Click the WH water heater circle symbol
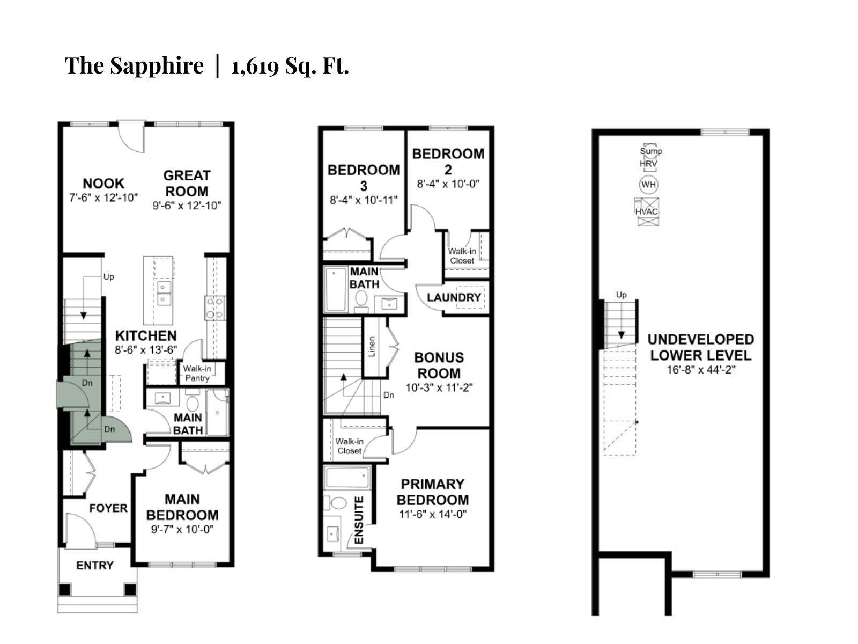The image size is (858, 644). coord(648,185)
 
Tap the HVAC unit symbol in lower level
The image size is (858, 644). coord(647,211)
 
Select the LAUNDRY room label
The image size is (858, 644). coord(454,297)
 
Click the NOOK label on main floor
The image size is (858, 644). coord(103,184)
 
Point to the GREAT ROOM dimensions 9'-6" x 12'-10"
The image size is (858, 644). coord(187,206)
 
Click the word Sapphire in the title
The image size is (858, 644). coord(157,66)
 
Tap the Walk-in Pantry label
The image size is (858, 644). coord(197,374)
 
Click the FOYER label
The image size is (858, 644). coord(108,508)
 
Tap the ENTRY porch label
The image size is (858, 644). coord(95,565)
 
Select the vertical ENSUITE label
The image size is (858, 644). coord(359,521)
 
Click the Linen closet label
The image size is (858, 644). coord(372,347)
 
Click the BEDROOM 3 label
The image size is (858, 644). coord(364,178)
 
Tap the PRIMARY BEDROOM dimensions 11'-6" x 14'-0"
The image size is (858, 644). coord(432,514)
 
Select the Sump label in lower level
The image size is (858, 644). coord(650,151)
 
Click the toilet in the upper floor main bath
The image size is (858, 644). coord(361,298)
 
